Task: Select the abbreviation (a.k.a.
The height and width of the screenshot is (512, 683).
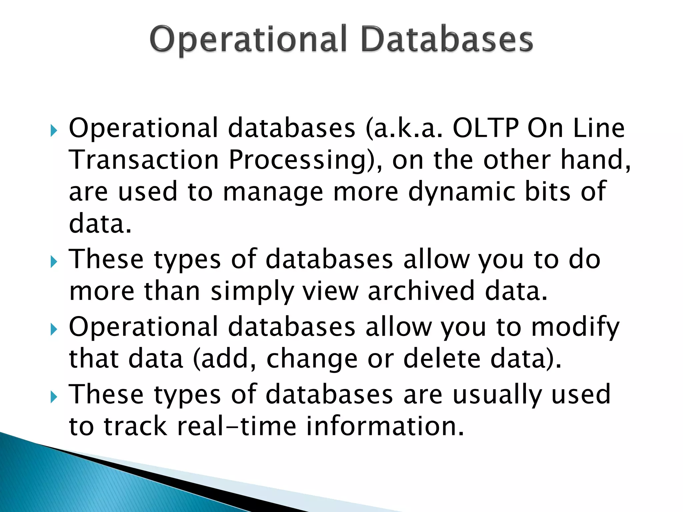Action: tap(404, 129)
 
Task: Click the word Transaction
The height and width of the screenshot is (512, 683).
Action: tap(143, 160)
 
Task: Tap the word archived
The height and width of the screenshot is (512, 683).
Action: tap(421, 291)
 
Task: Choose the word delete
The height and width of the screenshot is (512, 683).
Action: tap(442, 359)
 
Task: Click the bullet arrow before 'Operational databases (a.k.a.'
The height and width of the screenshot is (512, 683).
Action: tap(54, 131)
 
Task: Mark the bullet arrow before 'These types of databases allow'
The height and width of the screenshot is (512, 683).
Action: tap(54, 262)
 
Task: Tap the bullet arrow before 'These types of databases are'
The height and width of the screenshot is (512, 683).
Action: tap(54, 397)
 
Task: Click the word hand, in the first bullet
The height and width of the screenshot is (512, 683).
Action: tap(596, 160)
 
